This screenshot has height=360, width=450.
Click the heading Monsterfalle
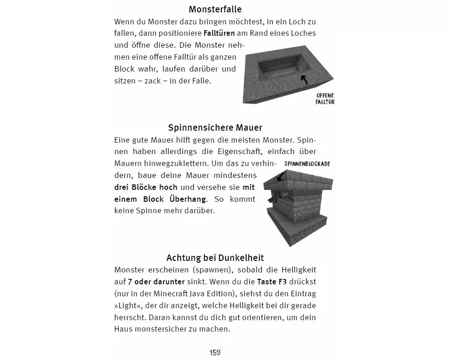click(x=215, y=9)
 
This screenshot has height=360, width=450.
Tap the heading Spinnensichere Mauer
click(x=215, y=127)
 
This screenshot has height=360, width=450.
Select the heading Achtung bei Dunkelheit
click(x=215, y=258)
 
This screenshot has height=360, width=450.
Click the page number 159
click(x=215, y=352)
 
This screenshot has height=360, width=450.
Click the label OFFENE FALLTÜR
click(x=325, y=99)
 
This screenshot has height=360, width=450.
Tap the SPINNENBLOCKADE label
click(x=307, y=164)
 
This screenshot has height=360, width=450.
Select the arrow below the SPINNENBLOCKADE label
click(x=280, y=175)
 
